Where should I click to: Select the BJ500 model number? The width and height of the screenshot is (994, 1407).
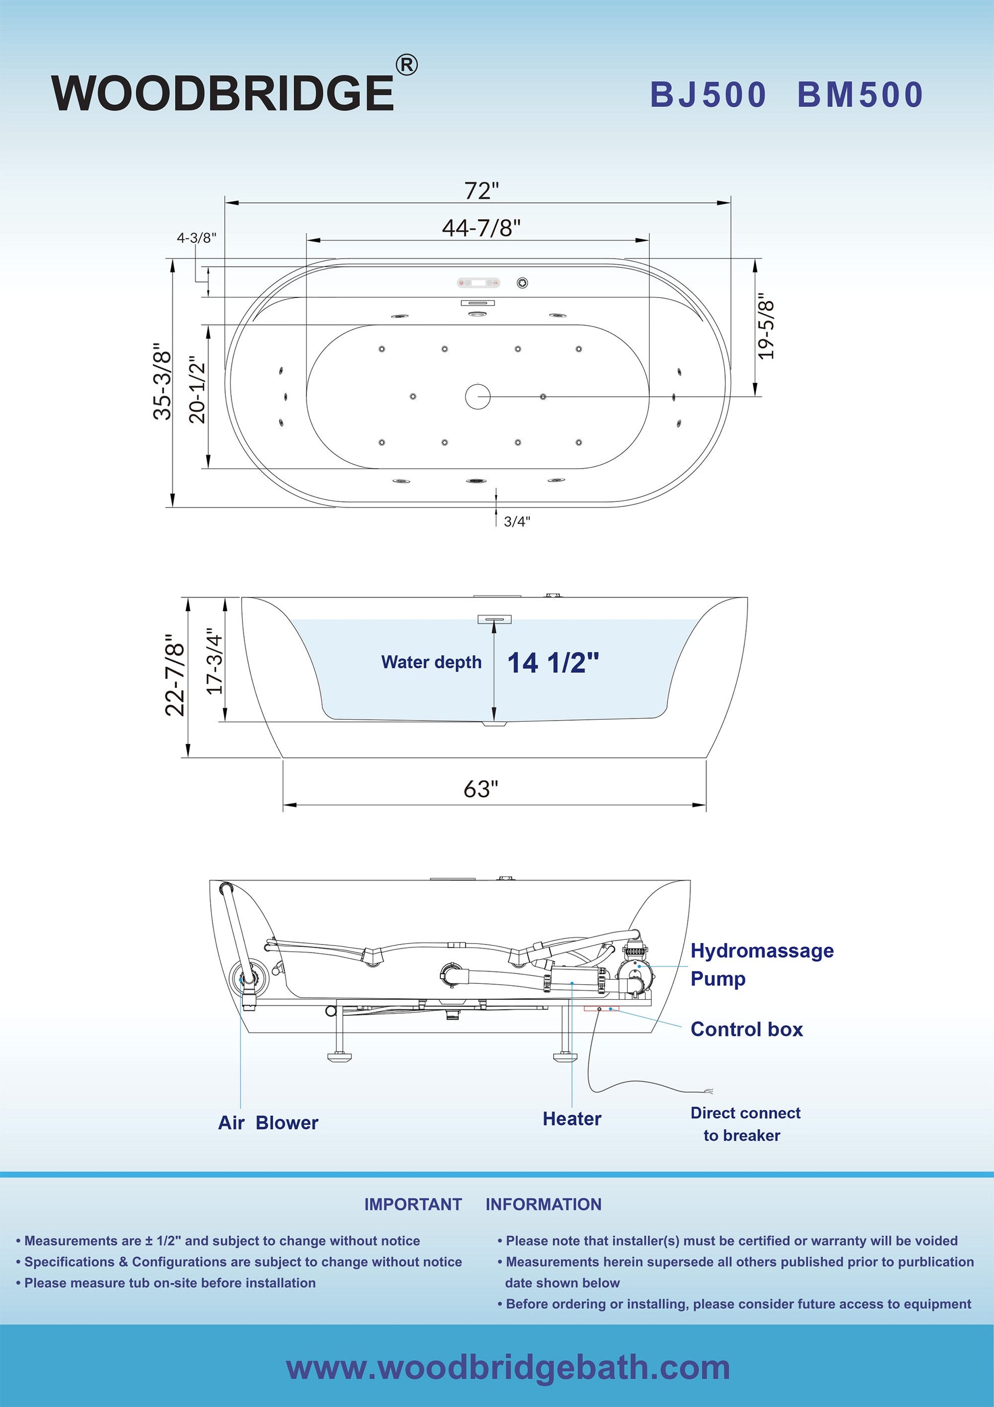coord(708,95)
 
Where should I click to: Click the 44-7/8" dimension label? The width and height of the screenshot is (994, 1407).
coord(481,228)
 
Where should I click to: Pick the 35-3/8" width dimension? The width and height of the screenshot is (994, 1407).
coord(162,381)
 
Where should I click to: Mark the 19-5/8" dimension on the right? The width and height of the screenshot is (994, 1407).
coord(766,326)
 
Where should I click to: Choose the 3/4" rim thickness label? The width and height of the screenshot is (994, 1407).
coord(517,521)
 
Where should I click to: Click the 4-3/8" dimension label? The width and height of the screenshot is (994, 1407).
coord(197,238)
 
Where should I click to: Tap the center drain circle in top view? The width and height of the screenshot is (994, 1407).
coord(478,397)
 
